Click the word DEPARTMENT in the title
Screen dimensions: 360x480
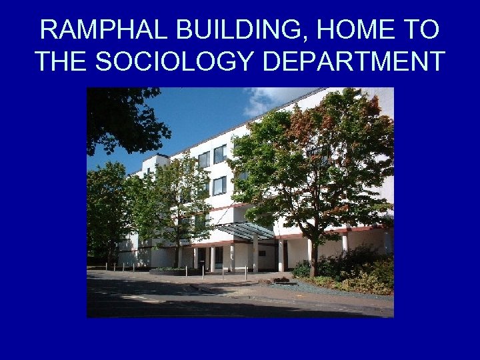[354, 61]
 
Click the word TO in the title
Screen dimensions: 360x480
[421, 30]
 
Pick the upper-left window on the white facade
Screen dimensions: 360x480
[203, 159]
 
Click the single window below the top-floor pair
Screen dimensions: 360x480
[219, 185]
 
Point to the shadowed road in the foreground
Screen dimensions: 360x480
[200, 300]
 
